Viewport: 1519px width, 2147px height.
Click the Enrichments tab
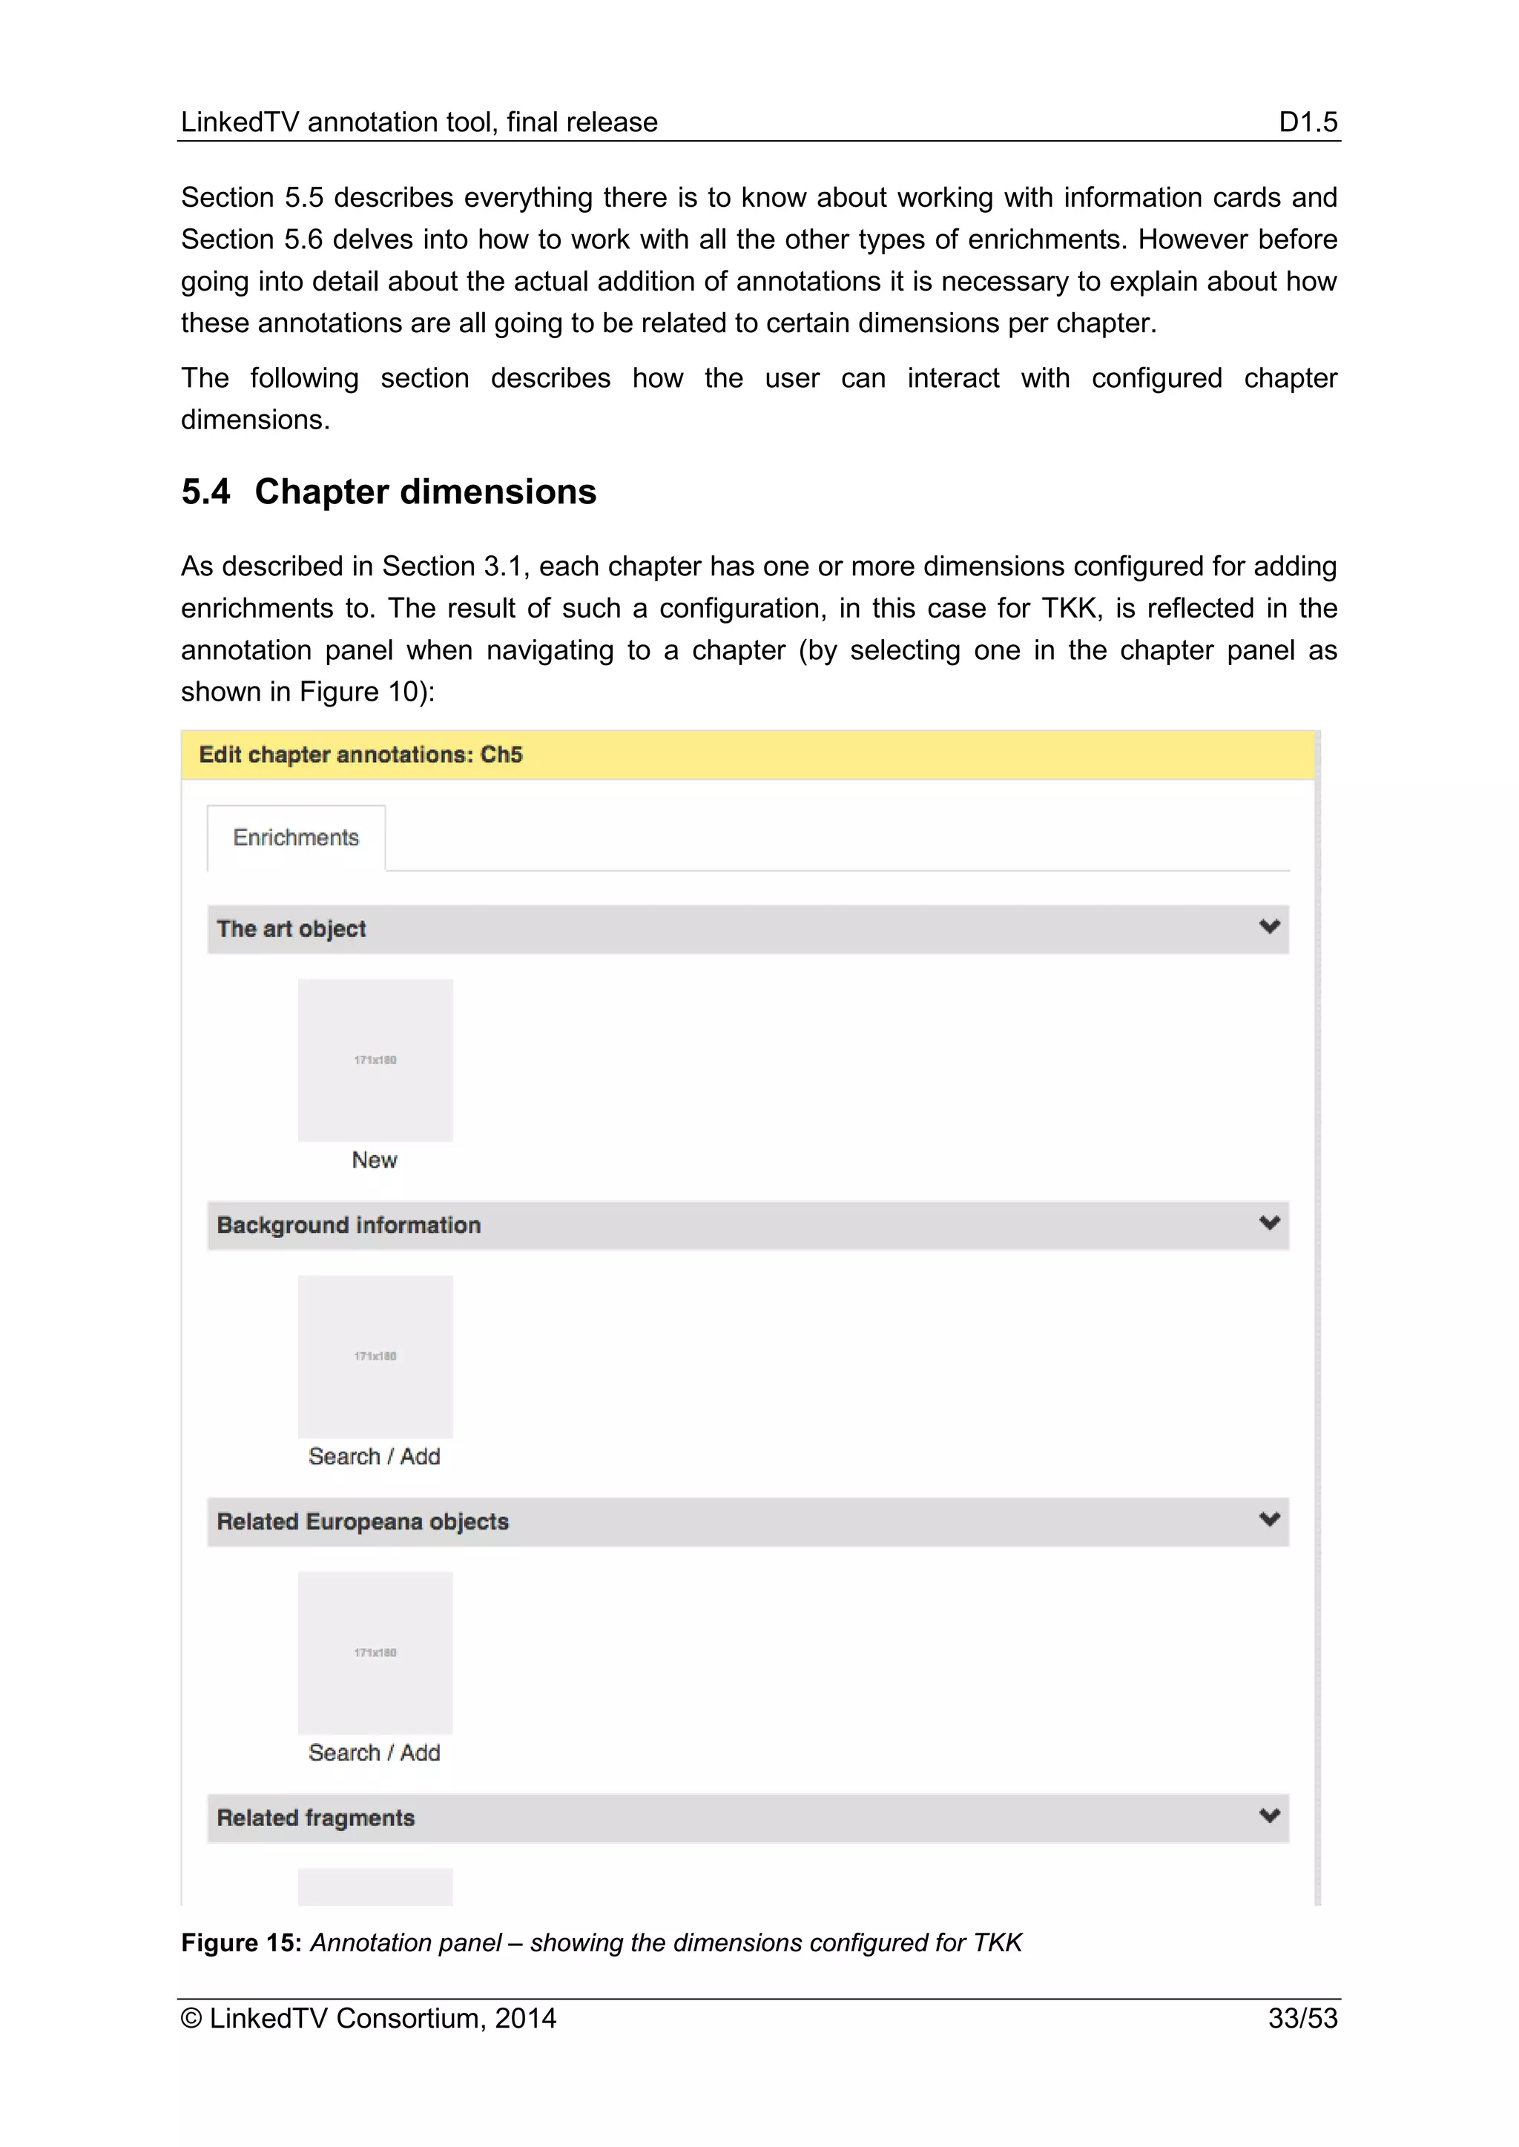[296, 837]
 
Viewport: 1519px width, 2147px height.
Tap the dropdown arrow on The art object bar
[1268, 927]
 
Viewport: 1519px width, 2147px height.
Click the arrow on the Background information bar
[1268, 1223]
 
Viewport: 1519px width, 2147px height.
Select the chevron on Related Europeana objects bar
[1268, 1520]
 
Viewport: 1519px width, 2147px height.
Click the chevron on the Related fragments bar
[1268, 1816]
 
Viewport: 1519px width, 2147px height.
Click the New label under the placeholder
[374, 1159]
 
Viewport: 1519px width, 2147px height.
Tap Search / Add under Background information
[374, 1456]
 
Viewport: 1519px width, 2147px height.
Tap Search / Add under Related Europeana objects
[374, 1753]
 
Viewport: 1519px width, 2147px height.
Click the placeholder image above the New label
[375, 1059]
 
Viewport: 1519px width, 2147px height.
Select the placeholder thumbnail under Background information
[375, 1356]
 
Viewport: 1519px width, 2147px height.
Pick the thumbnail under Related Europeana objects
[375, 1653]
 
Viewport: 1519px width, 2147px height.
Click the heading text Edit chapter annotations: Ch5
[360, 755]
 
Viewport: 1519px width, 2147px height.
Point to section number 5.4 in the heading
[205, 492]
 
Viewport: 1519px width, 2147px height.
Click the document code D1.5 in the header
[1307, 122]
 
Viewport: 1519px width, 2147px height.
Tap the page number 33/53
[1302, 2018]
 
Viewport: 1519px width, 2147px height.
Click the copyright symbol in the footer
[191, 2019]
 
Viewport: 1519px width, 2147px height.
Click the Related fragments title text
[315, 1818]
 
